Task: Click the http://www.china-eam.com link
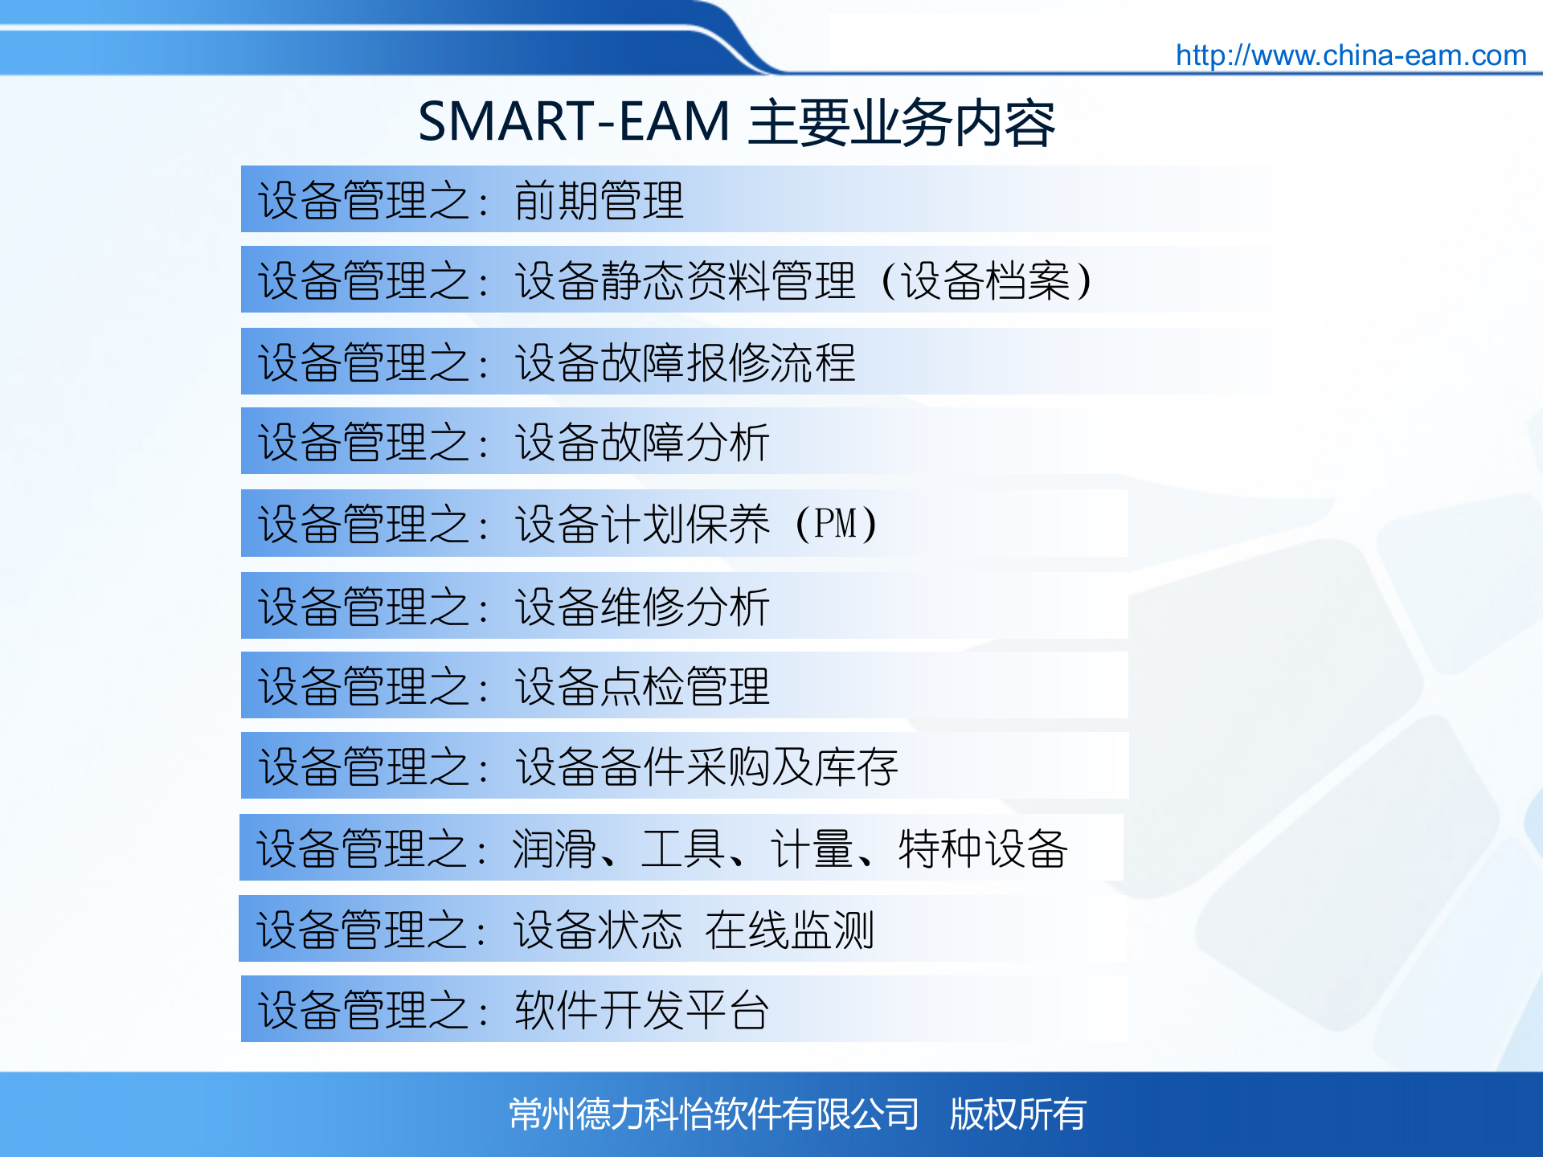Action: click(x=1350, y=55)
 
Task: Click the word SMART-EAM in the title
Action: click(x=574, y=122)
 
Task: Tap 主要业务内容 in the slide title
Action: click(x=901, y=124)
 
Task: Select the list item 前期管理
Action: click(x=599, y=200)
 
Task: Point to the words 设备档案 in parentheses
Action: click(x=985, y=281)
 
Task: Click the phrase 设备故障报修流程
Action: click(x=685, y=362)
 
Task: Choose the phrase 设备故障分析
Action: click(x=641, y=443)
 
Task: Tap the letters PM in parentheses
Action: click(x=835, y=524)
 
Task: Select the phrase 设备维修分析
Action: click(x=641, y=606)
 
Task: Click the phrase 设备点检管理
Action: click(x=641, y=686)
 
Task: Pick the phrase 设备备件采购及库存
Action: click(x=706, y=767)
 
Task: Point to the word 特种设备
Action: click(x=982, y=848)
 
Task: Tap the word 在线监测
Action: click(x=789, y=930)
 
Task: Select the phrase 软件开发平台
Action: click(x=641, y=1010)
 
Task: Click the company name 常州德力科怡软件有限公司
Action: click(x=714, y=1114)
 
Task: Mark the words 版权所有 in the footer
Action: click(x=1017, y=1114)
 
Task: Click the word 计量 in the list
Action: click(x=812, y=848)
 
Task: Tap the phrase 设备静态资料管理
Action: click(x=685, y=281)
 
